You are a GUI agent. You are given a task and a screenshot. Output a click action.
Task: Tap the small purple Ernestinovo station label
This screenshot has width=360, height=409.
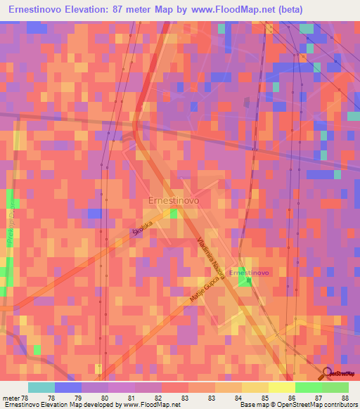click(250, 272)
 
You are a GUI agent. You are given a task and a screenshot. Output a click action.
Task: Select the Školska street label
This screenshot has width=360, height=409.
click(142, 229)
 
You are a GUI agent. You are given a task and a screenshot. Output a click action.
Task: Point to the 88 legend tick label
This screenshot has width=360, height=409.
click(343, 398)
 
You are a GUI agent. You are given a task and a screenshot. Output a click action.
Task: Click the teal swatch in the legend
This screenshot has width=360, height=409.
click(41, 387)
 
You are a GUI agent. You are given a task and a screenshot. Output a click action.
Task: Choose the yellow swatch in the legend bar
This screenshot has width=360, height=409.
click(281, 387)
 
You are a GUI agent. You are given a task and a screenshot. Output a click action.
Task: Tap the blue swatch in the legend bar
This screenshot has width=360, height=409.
click(68, 387)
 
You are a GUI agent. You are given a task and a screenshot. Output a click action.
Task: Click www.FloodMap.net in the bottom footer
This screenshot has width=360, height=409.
click(153, 405)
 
